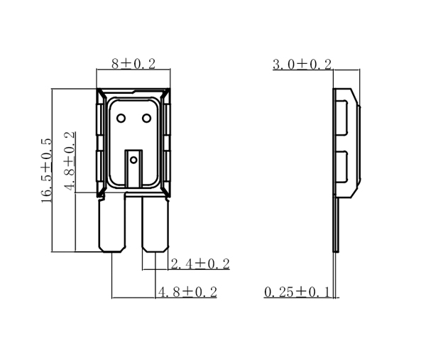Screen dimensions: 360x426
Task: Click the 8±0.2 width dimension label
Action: click(133, 64)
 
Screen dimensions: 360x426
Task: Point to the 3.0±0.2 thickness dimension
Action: click(302, 65)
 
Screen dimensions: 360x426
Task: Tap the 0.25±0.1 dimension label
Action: click(297, 292)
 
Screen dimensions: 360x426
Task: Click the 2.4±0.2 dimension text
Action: click(200, 264)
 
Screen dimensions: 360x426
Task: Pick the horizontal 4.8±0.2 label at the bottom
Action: click(186, 292)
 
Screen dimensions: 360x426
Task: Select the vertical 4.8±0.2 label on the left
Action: click(70, 161)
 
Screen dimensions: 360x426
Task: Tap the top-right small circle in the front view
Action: click(147, 119)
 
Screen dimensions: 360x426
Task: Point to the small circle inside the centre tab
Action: click(133, 160)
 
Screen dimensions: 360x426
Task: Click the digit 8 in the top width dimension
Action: click(115, 64)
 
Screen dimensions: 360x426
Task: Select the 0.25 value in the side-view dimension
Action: click(279, 292)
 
